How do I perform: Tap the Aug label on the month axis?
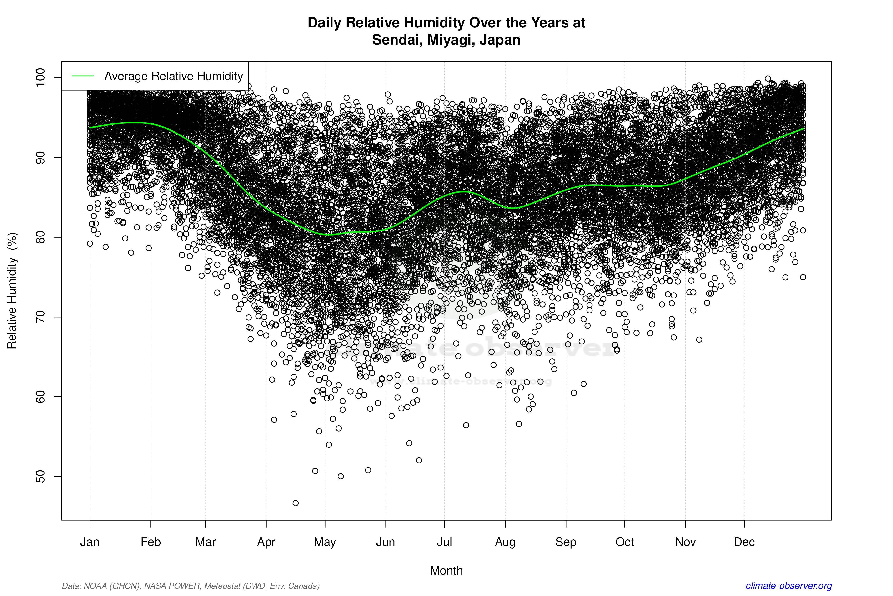pyautogui.click(x=505, y=542)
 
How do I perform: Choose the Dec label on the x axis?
pyautogui.click(x=744, y=542)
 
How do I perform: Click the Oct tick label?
pyautogui.click(x=625, y=542)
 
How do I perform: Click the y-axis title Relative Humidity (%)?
pyautogui.click(x=12, y=291)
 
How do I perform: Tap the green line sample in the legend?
pyautogui.click(x=83, y=76)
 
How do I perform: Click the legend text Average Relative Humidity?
pyautogui.click(x=174, y=76)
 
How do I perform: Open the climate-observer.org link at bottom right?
pyautogui.click(x=789, y=586)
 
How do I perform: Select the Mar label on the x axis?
pyautogui.click(x=206, y=542)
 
